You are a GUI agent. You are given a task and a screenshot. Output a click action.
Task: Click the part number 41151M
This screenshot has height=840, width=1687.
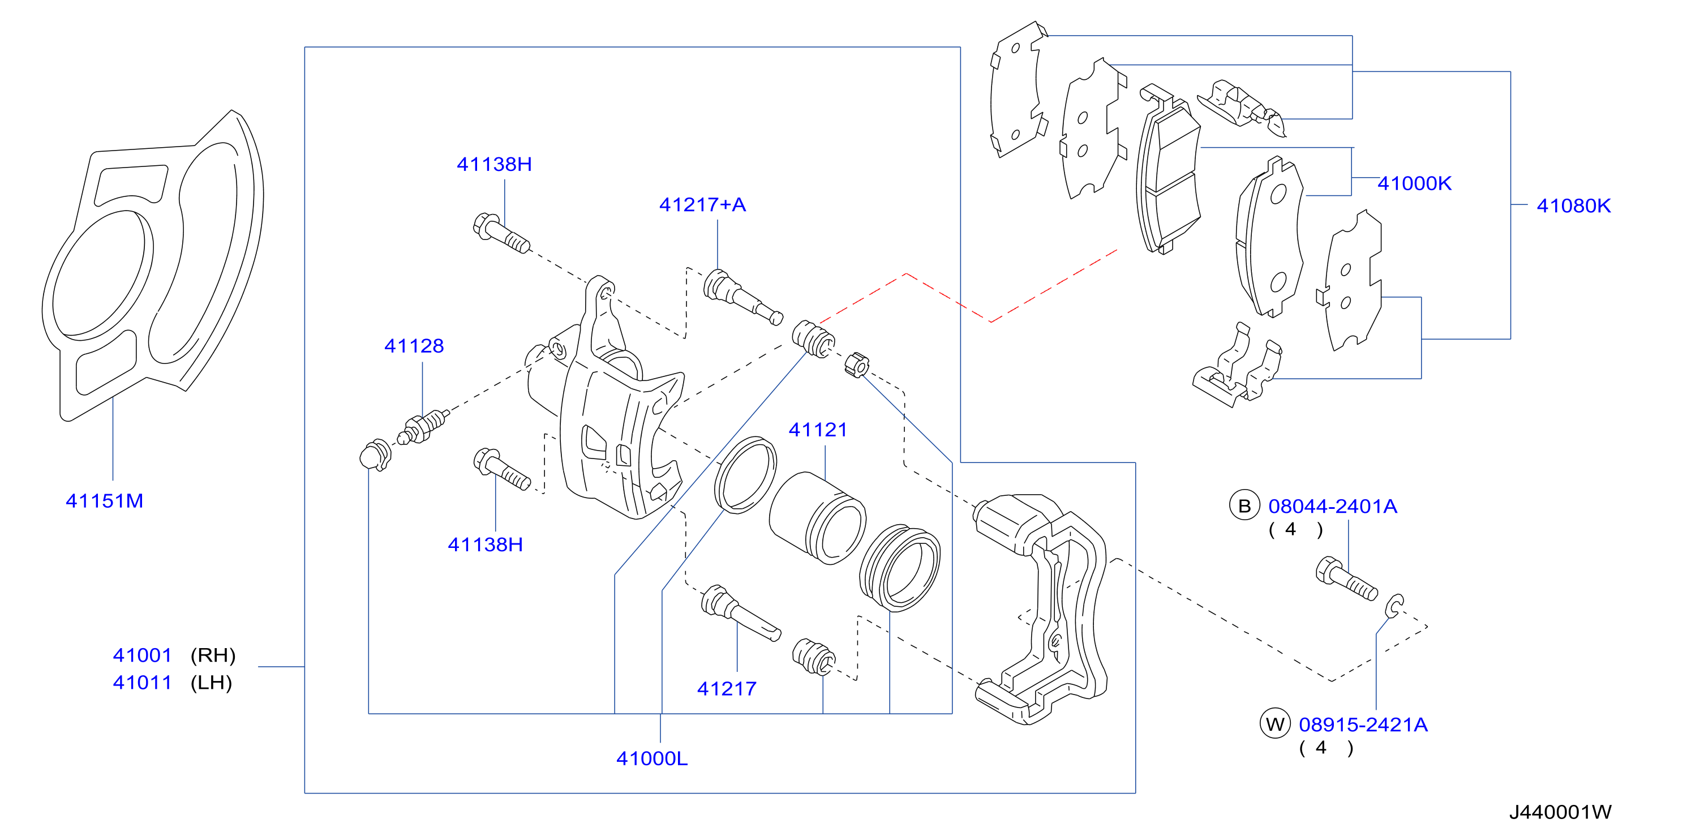(104, 502)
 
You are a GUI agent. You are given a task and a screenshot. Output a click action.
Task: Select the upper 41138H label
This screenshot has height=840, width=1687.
(495, 165)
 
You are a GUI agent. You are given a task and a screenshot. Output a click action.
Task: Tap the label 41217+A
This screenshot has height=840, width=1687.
(703, 205)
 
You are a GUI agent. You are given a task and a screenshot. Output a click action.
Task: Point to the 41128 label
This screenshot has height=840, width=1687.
(414, 346)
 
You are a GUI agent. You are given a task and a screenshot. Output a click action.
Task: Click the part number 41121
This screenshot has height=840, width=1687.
(818, 430)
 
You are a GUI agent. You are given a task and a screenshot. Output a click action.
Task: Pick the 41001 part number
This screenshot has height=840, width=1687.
(142, 655)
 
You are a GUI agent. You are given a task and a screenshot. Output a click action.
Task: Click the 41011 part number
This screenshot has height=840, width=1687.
(142, 683)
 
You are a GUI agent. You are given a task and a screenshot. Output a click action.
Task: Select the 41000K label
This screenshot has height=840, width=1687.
(1415, 183)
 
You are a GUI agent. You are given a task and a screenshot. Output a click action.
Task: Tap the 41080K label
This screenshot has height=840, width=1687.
(1574, 205)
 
